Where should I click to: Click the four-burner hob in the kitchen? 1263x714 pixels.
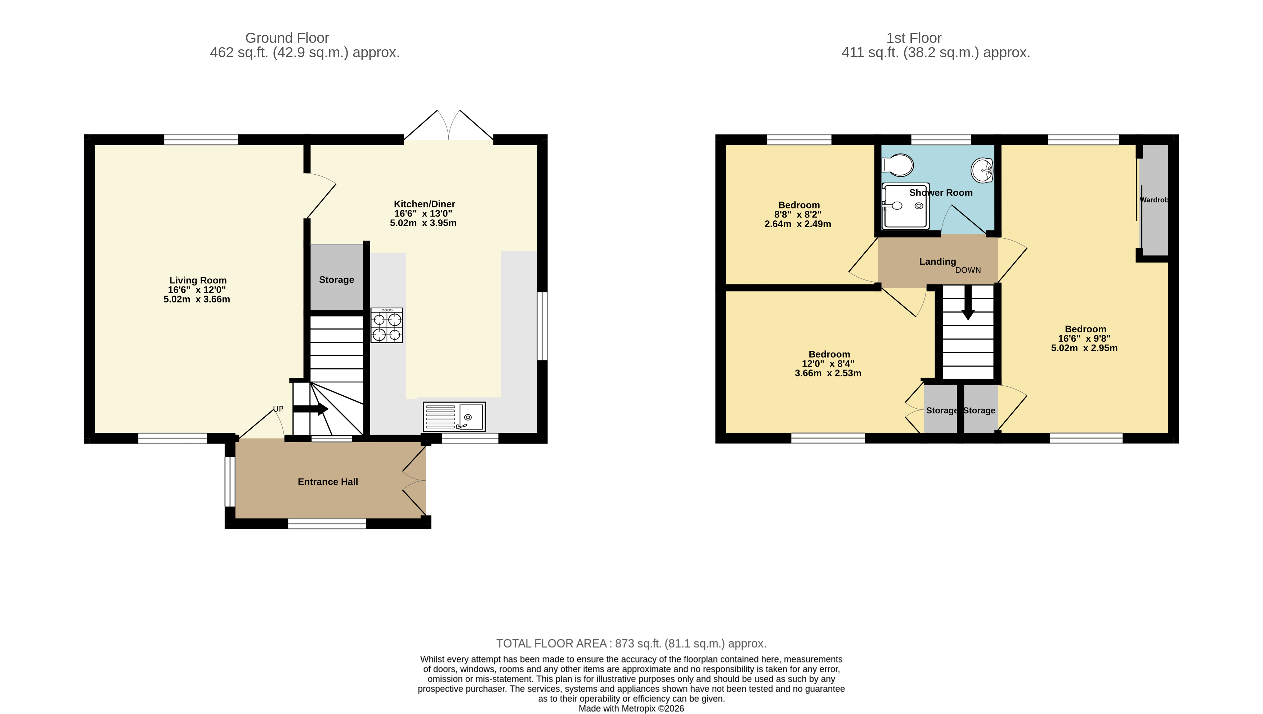386,325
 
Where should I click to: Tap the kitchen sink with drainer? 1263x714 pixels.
454,417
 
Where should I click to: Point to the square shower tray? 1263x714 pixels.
905,206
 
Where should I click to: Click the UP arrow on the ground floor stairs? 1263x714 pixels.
311,409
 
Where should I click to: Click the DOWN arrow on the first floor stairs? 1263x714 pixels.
968,303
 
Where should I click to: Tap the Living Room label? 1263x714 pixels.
198,280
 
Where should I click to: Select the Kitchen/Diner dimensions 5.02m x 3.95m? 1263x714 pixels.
423,223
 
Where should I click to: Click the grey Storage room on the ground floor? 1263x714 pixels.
336,279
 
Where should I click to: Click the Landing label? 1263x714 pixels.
937,261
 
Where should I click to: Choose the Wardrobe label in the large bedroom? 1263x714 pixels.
1154,200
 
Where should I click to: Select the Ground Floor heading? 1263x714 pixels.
287,38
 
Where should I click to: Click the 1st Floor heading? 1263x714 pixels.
913,38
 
